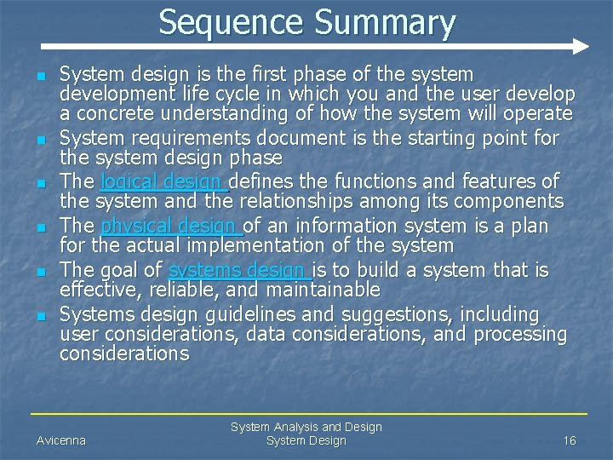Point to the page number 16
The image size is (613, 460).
pyautogui.click(x=570, y=440)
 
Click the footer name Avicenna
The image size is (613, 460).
pyautogui.click(x=61, y=440)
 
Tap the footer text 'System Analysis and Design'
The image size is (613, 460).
pyautogui.click(x=306, y=427)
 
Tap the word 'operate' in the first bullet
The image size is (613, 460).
pyautogui.click(x=537, y=114)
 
